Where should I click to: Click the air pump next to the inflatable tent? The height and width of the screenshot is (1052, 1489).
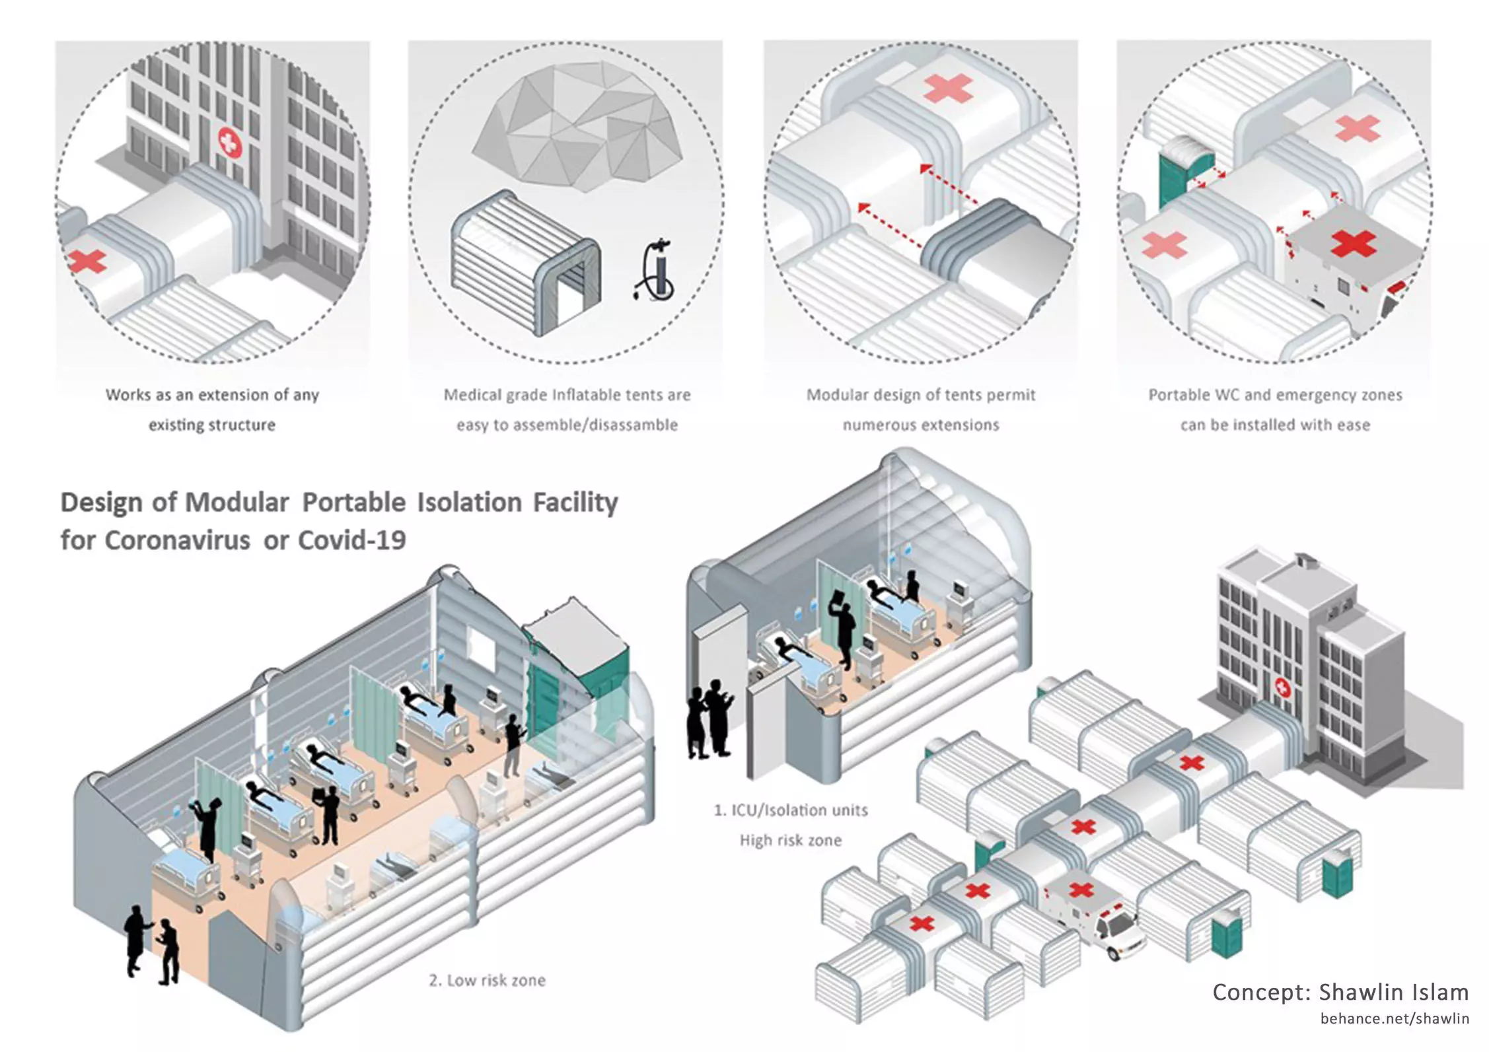tap(657, 272)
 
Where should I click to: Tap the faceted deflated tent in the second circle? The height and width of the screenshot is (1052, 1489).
tap(579, 125)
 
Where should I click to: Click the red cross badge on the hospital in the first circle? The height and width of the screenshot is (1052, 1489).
tap(230, 141)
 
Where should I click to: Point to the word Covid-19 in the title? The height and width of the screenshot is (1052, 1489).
tap(351, 540)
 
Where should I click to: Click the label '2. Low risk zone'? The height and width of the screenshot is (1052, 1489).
tap(487, 980)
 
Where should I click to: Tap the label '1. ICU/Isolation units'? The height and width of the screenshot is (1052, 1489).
tap(790, 810)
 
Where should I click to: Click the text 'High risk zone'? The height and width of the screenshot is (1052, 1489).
tap(790, 840)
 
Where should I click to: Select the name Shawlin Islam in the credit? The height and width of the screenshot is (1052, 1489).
tap(1394, 992)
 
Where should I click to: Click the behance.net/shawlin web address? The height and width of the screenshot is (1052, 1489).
tap(1395, 1018)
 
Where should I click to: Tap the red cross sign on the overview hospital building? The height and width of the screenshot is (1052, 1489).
tap(1282, 688)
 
